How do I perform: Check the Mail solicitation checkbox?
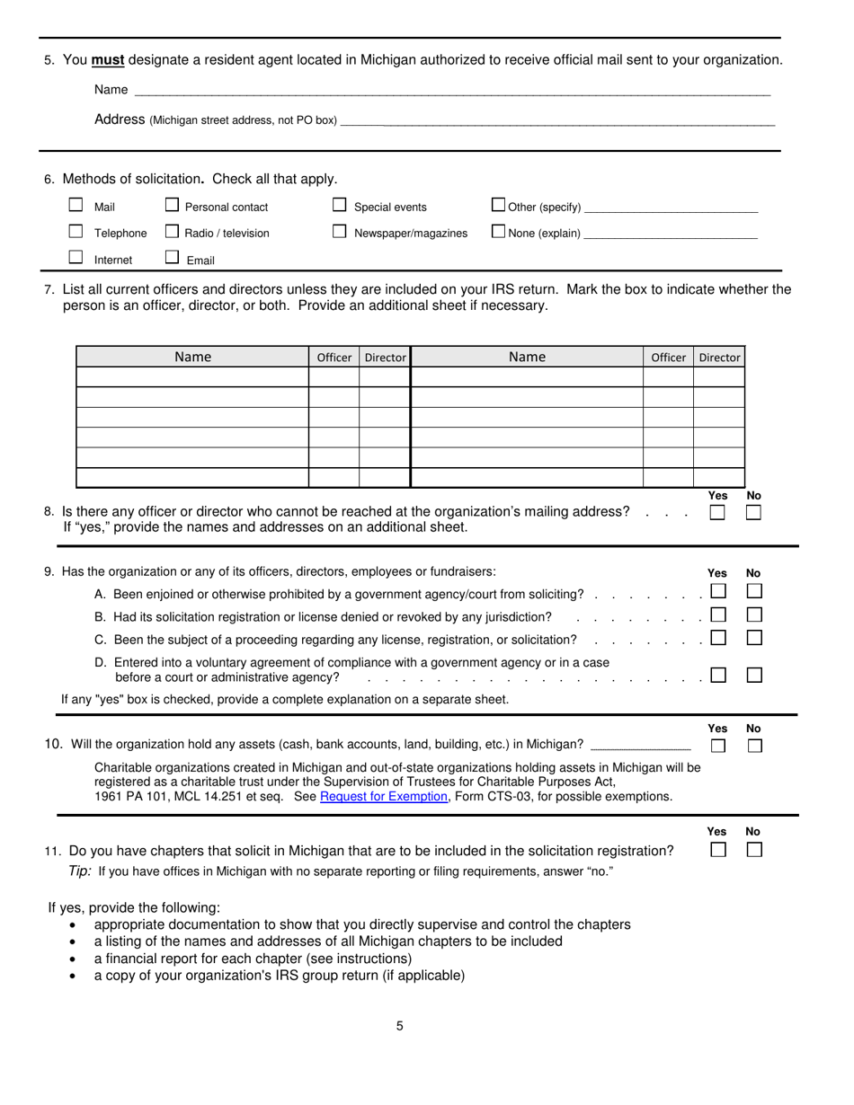coord(76,205)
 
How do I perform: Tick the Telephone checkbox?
coord(76,231)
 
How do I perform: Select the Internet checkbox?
coord(76,257)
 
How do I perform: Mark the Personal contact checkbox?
coord(173,205)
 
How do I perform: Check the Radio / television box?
coord(173,231)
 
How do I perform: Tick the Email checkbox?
coord(173,257)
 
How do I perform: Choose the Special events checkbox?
coord(340,205)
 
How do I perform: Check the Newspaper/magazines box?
coord(340,231)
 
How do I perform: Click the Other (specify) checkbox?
coord(499,205)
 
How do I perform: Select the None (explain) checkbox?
coord(499,231)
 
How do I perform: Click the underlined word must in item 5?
coord(108,60)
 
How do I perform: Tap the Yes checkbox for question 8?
coord(717,513)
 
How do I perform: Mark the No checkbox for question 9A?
coord(755,591)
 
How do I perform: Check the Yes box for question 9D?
coord(718,675)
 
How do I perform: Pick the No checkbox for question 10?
coord(755,746)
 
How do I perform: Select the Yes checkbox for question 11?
coord(718,850)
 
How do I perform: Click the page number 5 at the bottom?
coord(400,1026)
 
